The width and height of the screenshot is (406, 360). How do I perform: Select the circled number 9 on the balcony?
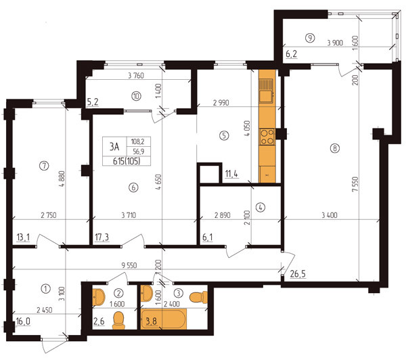(309, 38)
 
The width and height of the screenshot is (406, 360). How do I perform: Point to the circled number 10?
(137, 95)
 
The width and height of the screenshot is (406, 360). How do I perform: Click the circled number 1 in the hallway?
(45, 288)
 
